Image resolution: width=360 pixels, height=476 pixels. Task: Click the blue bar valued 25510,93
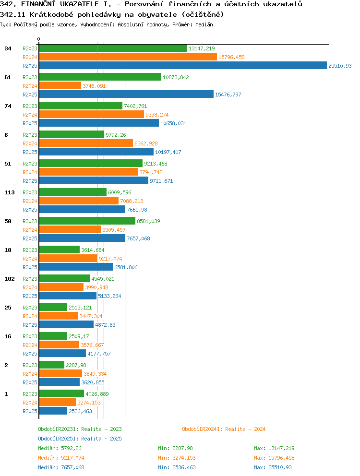[x=183, y=66]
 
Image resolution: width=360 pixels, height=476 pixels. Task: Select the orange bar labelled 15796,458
[x=128, y=57]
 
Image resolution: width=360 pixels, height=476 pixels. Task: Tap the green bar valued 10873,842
[x=100, y=77]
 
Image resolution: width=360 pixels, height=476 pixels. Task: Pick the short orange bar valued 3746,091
[x=60, y=85]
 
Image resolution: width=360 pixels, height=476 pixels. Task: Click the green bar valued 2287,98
[x=52, y=365]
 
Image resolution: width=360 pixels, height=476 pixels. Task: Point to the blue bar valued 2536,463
[x=53, y=411]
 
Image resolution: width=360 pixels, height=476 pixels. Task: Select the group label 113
[x=10, y=192]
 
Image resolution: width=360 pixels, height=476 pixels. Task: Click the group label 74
[x=8, y=106]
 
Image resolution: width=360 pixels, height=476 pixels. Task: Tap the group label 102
[x=10, y=279]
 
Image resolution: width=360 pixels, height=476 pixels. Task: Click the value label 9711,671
[x=161, y=181]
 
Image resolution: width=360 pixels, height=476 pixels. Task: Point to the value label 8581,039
[x=148, y=221]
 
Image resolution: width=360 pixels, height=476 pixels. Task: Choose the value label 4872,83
[x=105, y=325]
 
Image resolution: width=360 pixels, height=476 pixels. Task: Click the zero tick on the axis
[x=38, y=39]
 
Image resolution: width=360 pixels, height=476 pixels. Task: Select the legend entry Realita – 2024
[x=224, y=429]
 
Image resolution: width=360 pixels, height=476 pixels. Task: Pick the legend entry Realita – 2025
[x=80, y=439]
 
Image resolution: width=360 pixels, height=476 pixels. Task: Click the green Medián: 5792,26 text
[x=60, y=448]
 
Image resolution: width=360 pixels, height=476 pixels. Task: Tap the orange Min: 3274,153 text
[x=177, y=458]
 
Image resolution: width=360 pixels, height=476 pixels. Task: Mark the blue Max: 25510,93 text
[x=273, y=467]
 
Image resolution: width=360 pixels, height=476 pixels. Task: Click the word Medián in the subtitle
[x=204, y=24]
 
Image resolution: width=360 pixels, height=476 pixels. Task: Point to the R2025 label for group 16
[x=30, y=354]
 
